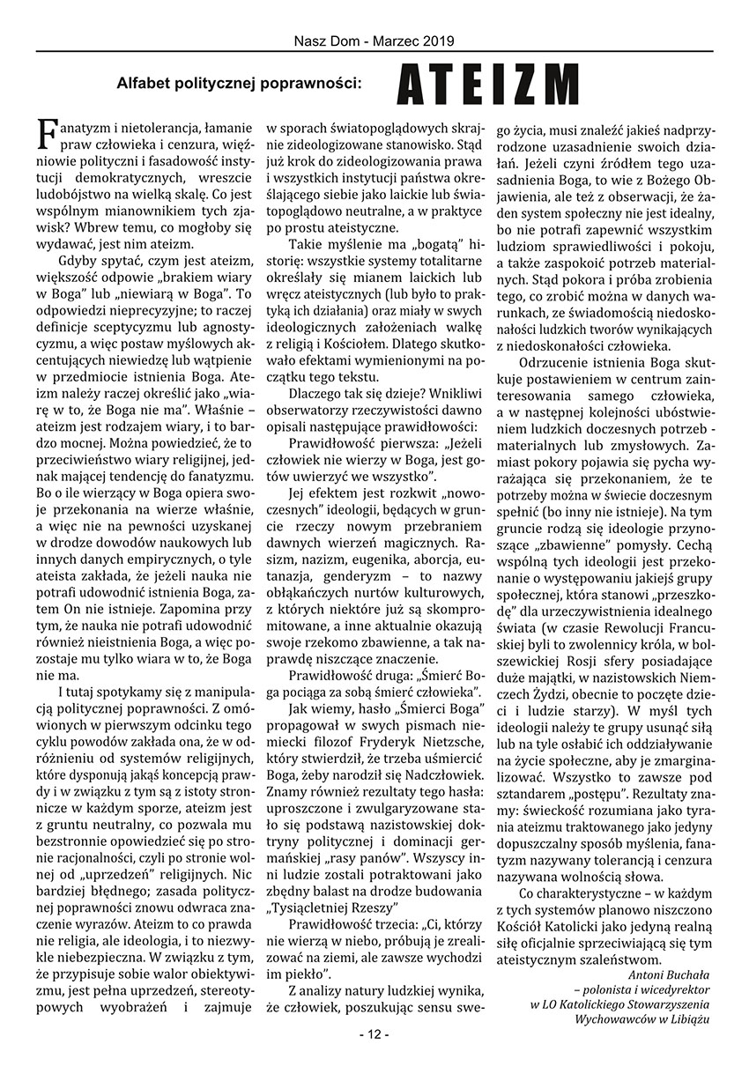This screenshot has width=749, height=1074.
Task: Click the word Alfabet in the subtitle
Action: (144, 85)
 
